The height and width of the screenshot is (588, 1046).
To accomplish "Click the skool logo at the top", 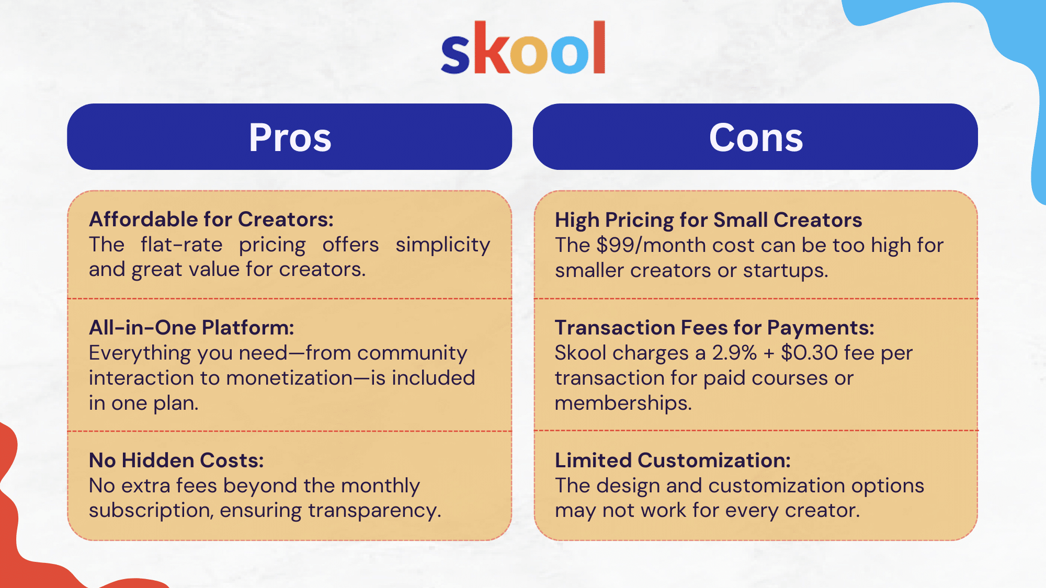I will (523, 48).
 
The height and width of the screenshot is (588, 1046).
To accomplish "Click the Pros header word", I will (290, 137).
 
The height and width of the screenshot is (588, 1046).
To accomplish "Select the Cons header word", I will (756, 137).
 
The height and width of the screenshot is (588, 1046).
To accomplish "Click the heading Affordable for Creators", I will (211, 220).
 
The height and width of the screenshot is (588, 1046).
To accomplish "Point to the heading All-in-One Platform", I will (191, 328).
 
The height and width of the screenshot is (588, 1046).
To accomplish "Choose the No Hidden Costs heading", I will (176, 460).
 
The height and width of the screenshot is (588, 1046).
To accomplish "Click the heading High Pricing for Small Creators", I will (708, 220).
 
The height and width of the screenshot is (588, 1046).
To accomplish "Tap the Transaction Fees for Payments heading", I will (714, 328).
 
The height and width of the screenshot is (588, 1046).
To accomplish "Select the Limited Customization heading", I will (673, 460).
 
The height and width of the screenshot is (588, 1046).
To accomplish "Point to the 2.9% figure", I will (734, 353).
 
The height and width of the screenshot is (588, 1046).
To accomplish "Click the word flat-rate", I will (181, 245).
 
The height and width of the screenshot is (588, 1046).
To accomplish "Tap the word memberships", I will (623, 403).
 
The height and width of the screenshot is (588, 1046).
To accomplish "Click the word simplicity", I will (442, 245).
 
